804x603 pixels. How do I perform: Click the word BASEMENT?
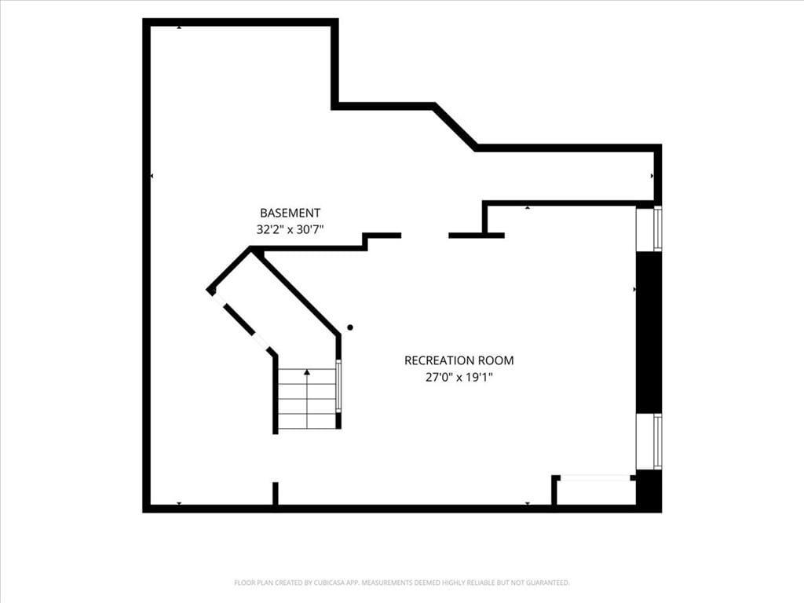[x=290, y=213]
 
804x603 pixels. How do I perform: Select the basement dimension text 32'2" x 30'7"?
[x=290, y=229]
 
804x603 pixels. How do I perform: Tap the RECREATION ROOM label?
[x=459, y=360]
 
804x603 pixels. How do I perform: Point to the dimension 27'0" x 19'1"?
[x=459, y=378]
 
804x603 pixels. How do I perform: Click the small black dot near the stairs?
[x=350, y=327]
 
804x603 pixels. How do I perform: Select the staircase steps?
[x=307, y=398]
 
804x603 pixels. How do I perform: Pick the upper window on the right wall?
[x=649, y=228]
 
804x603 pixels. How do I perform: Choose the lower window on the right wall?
[x=649, y=441]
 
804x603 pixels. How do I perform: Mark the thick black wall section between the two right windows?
[x=649, y=332]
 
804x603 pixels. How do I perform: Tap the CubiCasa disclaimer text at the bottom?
[x=402, y=583]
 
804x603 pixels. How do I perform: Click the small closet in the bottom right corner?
[x=596, y=492]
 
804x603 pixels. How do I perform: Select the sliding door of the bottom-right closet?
[x=595, y=478]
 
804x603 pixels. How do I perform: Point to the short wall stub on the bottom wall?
[x=276, y=494]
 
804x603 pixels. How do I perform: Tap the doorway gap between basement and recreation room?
[x=425, y=236]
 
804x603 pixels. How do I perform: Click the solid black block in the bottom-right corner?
[x=649, y=491]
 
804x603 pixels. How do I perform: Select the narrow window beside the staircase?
[x=338, y=385]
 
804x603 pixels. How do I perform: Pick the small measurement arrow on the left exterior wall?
[x=152, y=176]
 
